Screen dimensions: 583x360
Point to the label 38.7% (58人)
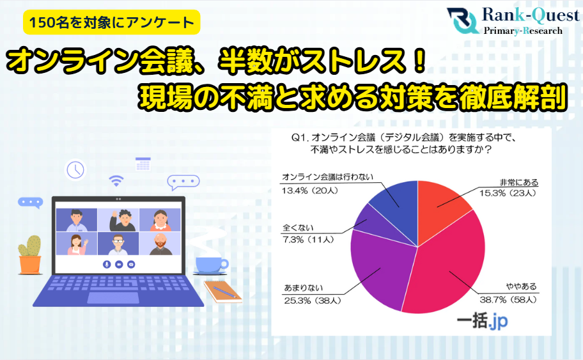508,300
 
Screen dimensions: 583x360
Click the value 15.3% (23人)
508,193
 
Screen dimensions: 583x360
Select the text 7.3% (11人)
308,240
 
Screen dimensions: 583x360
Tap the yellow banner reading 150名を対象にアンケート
111,22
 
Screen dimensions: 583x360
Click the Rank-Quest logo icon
462,20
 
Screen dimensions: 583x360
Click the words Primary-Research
523,31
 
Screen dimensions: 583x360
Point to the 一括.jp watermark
482,320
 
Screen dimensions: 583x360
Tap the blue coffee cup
211,265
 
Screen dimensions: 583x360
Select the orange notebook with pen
222,292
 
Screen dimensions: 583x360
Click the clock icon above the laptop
75,169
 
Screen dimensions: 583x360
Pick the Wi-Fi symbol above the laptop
116,181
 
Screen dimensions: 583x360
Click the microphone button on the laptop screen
107,265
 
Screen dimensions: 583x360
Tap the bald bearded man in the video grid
160,244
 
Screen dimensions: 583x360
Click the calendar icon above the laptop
143,164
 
